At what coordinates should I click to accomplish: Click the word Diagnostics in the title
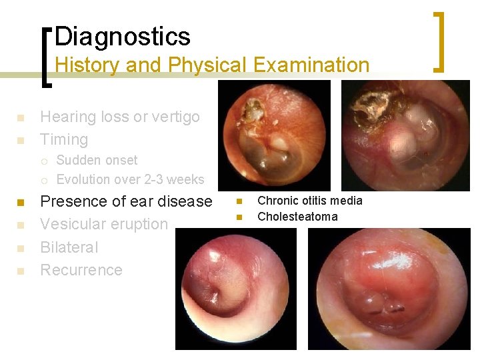123,36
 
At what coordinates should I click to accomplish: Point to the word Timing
64,139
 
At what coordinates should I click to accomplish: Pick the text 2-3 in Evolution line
143,179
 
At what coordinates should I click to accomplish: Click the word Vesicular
79,224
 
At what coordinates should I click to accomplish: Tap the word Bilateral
69,247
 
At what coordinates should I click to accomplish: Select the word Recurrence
81,270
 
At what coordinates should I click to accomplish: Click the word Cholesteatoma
297,217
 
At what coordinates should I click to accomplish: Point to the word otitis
313,201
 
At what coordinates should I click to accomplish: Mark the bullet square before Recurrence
21,271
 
